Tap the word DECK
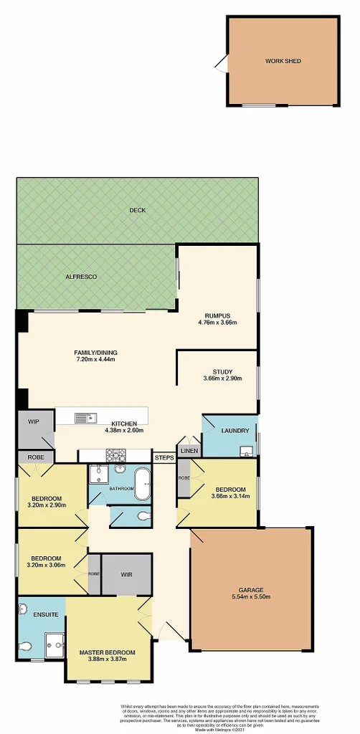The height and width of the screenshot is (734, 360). click(137, 211)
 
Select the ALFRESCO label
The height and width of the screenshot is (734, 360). click(81, 277)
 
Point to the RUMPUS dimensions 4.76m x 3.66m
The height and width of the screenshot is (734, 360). click(217, 323)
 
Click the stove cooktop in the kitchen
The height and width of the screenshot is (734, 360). click(116, 454)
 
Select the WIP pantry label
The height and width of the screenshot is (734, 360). click(33, 422)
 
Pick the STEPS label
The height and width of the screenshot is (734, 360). click(163, 457)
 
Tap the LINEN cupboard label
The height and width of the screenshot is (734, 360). click(189, 450)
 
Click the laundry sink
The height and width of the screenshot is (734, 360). click(246, 451)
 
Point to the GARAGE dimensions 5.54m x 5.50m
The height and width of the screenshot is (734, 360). click(250, 596)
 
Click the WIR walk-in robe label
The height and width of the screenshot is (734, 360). click(126, 574)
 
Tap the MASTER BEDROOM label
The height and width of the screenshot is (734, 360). click(108, 652)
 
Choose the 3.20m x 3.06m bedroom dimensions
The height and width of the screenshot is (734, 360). click(46, 565)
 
